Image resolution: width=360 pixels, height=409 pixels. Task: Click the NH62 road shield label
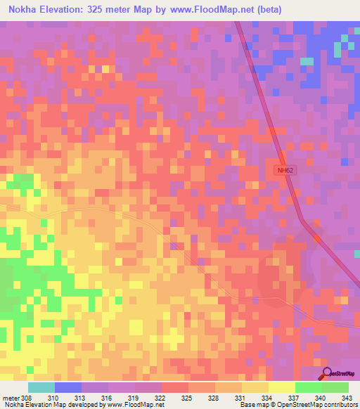click(284, 170)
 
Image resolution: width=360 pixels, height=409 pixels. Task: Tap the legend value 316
click(108, 397)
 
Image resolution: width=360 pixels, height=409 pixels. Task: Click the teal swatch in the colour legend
click(41, 387)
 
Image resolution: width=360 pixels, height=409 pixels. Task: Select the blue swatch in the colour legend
click(68, 387)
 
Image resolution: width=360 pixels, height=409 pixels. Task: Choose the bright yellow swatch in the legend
click(281, 387)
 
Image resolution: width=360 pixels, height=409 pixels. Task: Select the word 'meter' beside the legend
click(10, 397)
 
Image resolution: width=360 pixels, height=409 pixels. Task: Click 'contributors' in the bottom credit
click(336, 405)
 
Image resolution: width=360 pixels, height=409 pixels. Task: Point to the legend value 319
click(134, 397)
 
